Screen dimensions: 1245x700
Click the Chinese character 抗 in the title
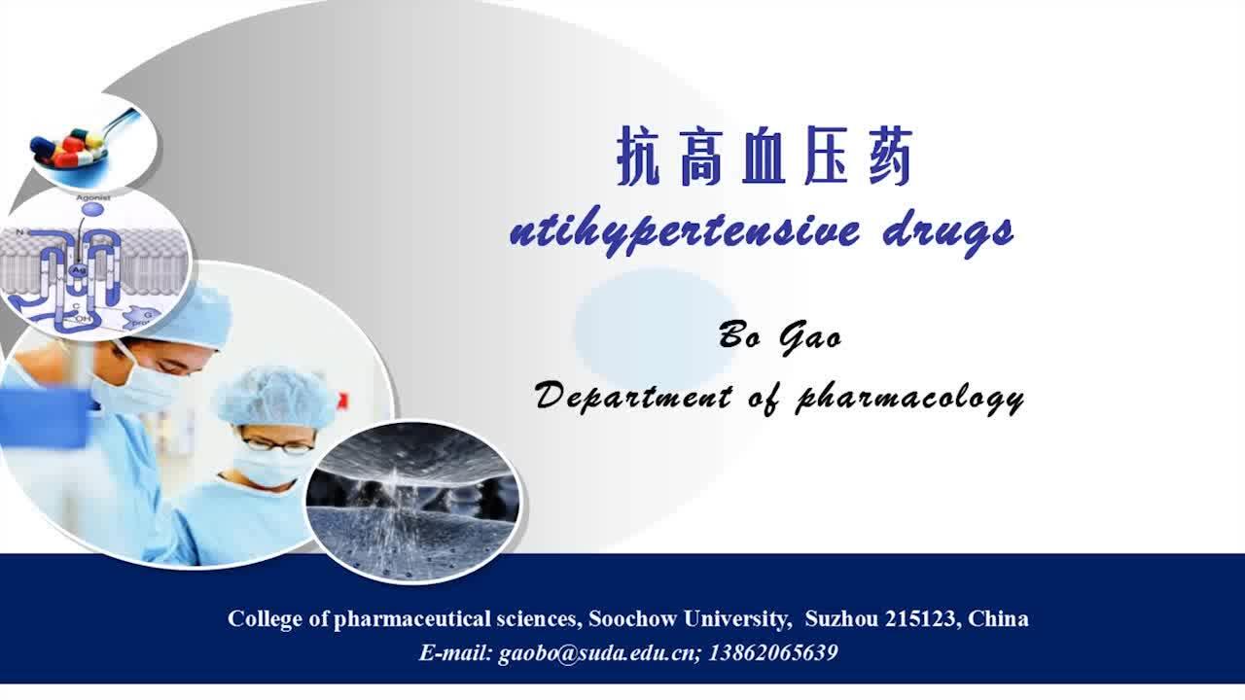pos(639,157)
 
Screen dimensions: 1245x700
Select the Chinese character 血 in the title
pos(765,157)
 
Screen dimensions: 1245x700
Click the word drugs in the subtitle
pos(947,233)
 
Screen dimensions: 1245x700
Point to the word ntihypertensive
pos(684,232)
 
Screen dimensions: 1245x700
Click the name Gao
pos(810,337)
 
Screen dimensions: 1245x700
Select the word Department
pos(633,398)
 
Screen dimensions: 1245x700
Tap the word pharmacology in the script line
pos(909,399)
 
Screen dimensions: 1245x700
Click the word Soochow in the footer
pos(632,618)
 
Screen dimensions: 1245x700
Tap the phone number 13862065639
pos(773,652)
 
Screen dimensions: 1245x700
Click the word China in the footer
pos(998,618)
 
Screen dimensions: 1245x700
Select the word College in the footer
pos(266,619)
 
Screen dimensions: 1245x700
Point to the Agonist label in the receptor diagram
pos(92,197)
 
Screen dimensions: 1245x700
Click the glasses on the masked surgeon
pos(278,445)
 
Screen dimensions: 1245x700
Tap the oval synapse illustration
pos(413,501)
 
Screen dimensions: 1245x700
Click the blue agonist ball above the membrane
pos(92,209)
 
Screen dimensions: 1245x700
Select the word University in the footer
pos(738,619)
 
